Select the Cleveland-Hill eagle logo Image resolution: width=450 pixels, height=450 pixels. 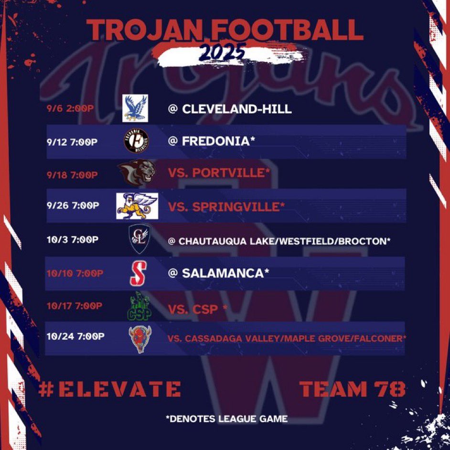pyautogui.click(x=135, y=108)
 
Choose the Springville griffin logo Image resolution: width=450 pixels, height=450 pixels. pyautogui.click(x=137, y=206)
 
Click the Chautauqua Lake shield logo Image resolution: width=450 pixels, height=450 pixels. pyautogui.click(x=139, y=238)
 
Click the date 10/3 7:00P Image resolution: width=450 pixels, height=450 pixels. pyautogui.click(x=72, y=239)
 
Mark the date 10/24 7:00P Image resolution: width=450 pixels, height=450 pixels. pyautogui.click(x=75, y=337)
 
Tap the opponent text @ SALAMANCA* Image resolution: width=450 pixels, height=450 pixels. pyautogui.click(x=218, y=273)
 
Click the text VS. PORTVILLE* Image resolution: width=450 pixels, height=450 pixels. pyautogui.click(x=216, y=173)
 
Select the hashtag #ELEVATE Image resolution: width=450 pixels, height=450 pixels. pyautogui.click(x=109, y=389)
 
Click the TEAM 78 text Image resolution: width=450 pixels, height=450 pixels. pyautogui.click(x=353, y=389)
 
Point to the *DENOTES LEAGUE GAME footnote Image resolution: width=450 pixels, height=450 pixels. pyautogui.click(x=226, y=419)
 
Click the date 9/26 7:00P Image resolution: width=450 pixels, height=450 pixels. pyautogui.click(x=73, y=206)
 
